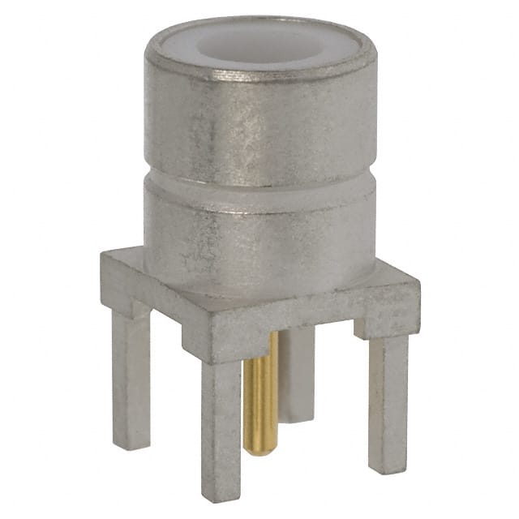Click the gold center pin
point(261,389)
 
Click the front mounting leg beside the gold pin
point(221,422)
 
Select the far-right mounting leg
point(388,397)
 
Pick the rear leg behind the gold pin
point(298,373)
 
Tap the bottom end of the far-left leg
point(132,442)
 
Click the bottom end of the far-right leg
point(388,466)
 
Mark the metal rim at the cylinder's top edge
point(259,73)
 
